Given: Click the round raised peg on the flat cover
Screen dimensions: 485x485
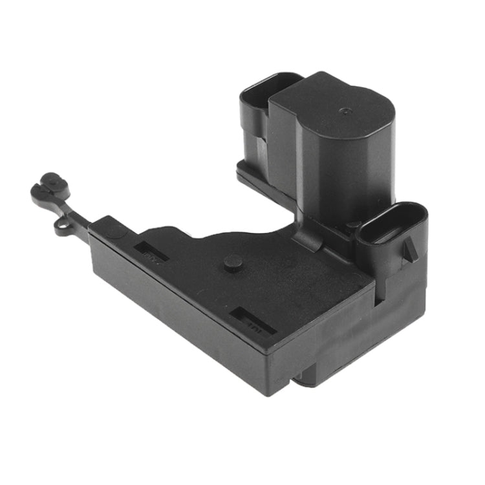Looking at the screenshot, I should pos(233,262).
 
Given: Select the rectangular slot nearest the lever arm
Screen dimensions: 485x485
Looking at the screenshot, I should pos(151,251).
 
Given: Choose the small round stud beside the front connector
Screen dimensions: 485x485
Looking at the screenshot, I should pos(353,226).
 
